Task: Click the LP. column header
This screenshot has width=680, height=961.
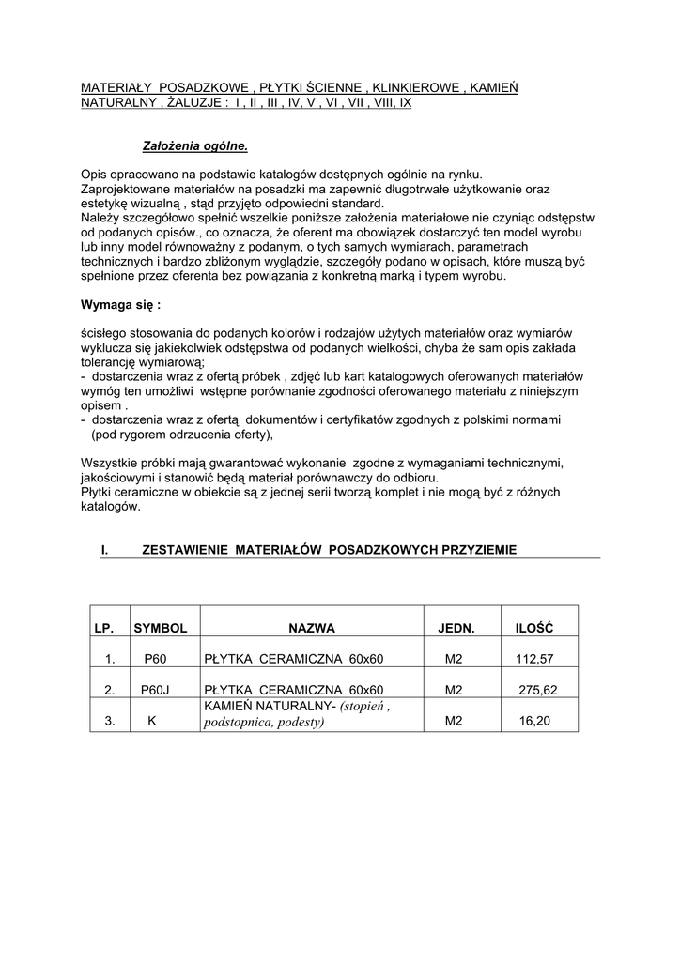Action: click(102, 627)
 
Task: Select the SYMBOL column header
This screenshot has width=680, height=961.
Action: click(161, 627)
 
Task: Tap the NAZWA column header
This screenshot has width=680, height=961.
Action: click(312, 627)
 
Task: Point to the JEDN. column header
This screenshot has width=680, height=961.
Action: click(456, 627)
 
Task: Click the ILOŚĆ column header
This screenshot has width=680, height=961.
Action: click(534, 627)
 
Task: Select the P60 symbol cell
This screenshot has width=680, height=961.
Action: click(155, 659)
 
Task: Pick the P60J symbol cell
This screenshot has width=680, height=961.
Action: click(154, 690)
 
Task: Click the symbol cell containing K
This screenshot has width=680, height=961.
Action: click(152, 722)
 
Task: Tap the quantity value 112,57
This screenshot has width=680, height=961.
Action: click(534, 659)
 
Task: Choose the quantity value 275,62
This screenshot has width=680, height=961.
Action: click(538, 690)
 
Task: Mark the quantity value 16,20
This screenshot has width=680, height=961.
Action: click(534, 722)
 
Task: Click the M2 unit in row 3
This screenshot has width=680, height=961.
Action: click(455, 722)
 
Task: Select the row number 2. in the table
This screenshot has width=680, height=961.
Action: click(109, 690)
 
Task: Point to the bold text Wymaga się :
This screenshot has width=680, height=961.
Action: click(121, 305)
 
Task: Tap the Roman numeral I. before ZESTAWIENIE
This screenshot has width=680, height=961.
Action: click(105, 549)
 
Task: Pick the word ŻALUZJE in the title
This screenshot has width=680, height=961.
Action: click(193, 102)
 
